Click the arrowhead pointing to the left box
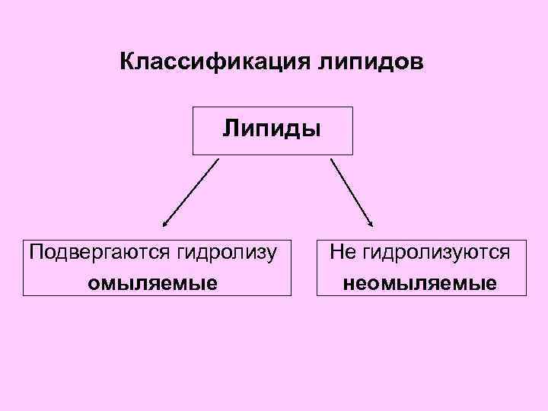(x=165, y=225)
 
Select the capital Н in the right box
(x=336, y=250)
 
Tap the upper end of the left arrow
(x=218, y=158)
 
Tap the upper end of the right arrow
(x=331, y=158)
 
